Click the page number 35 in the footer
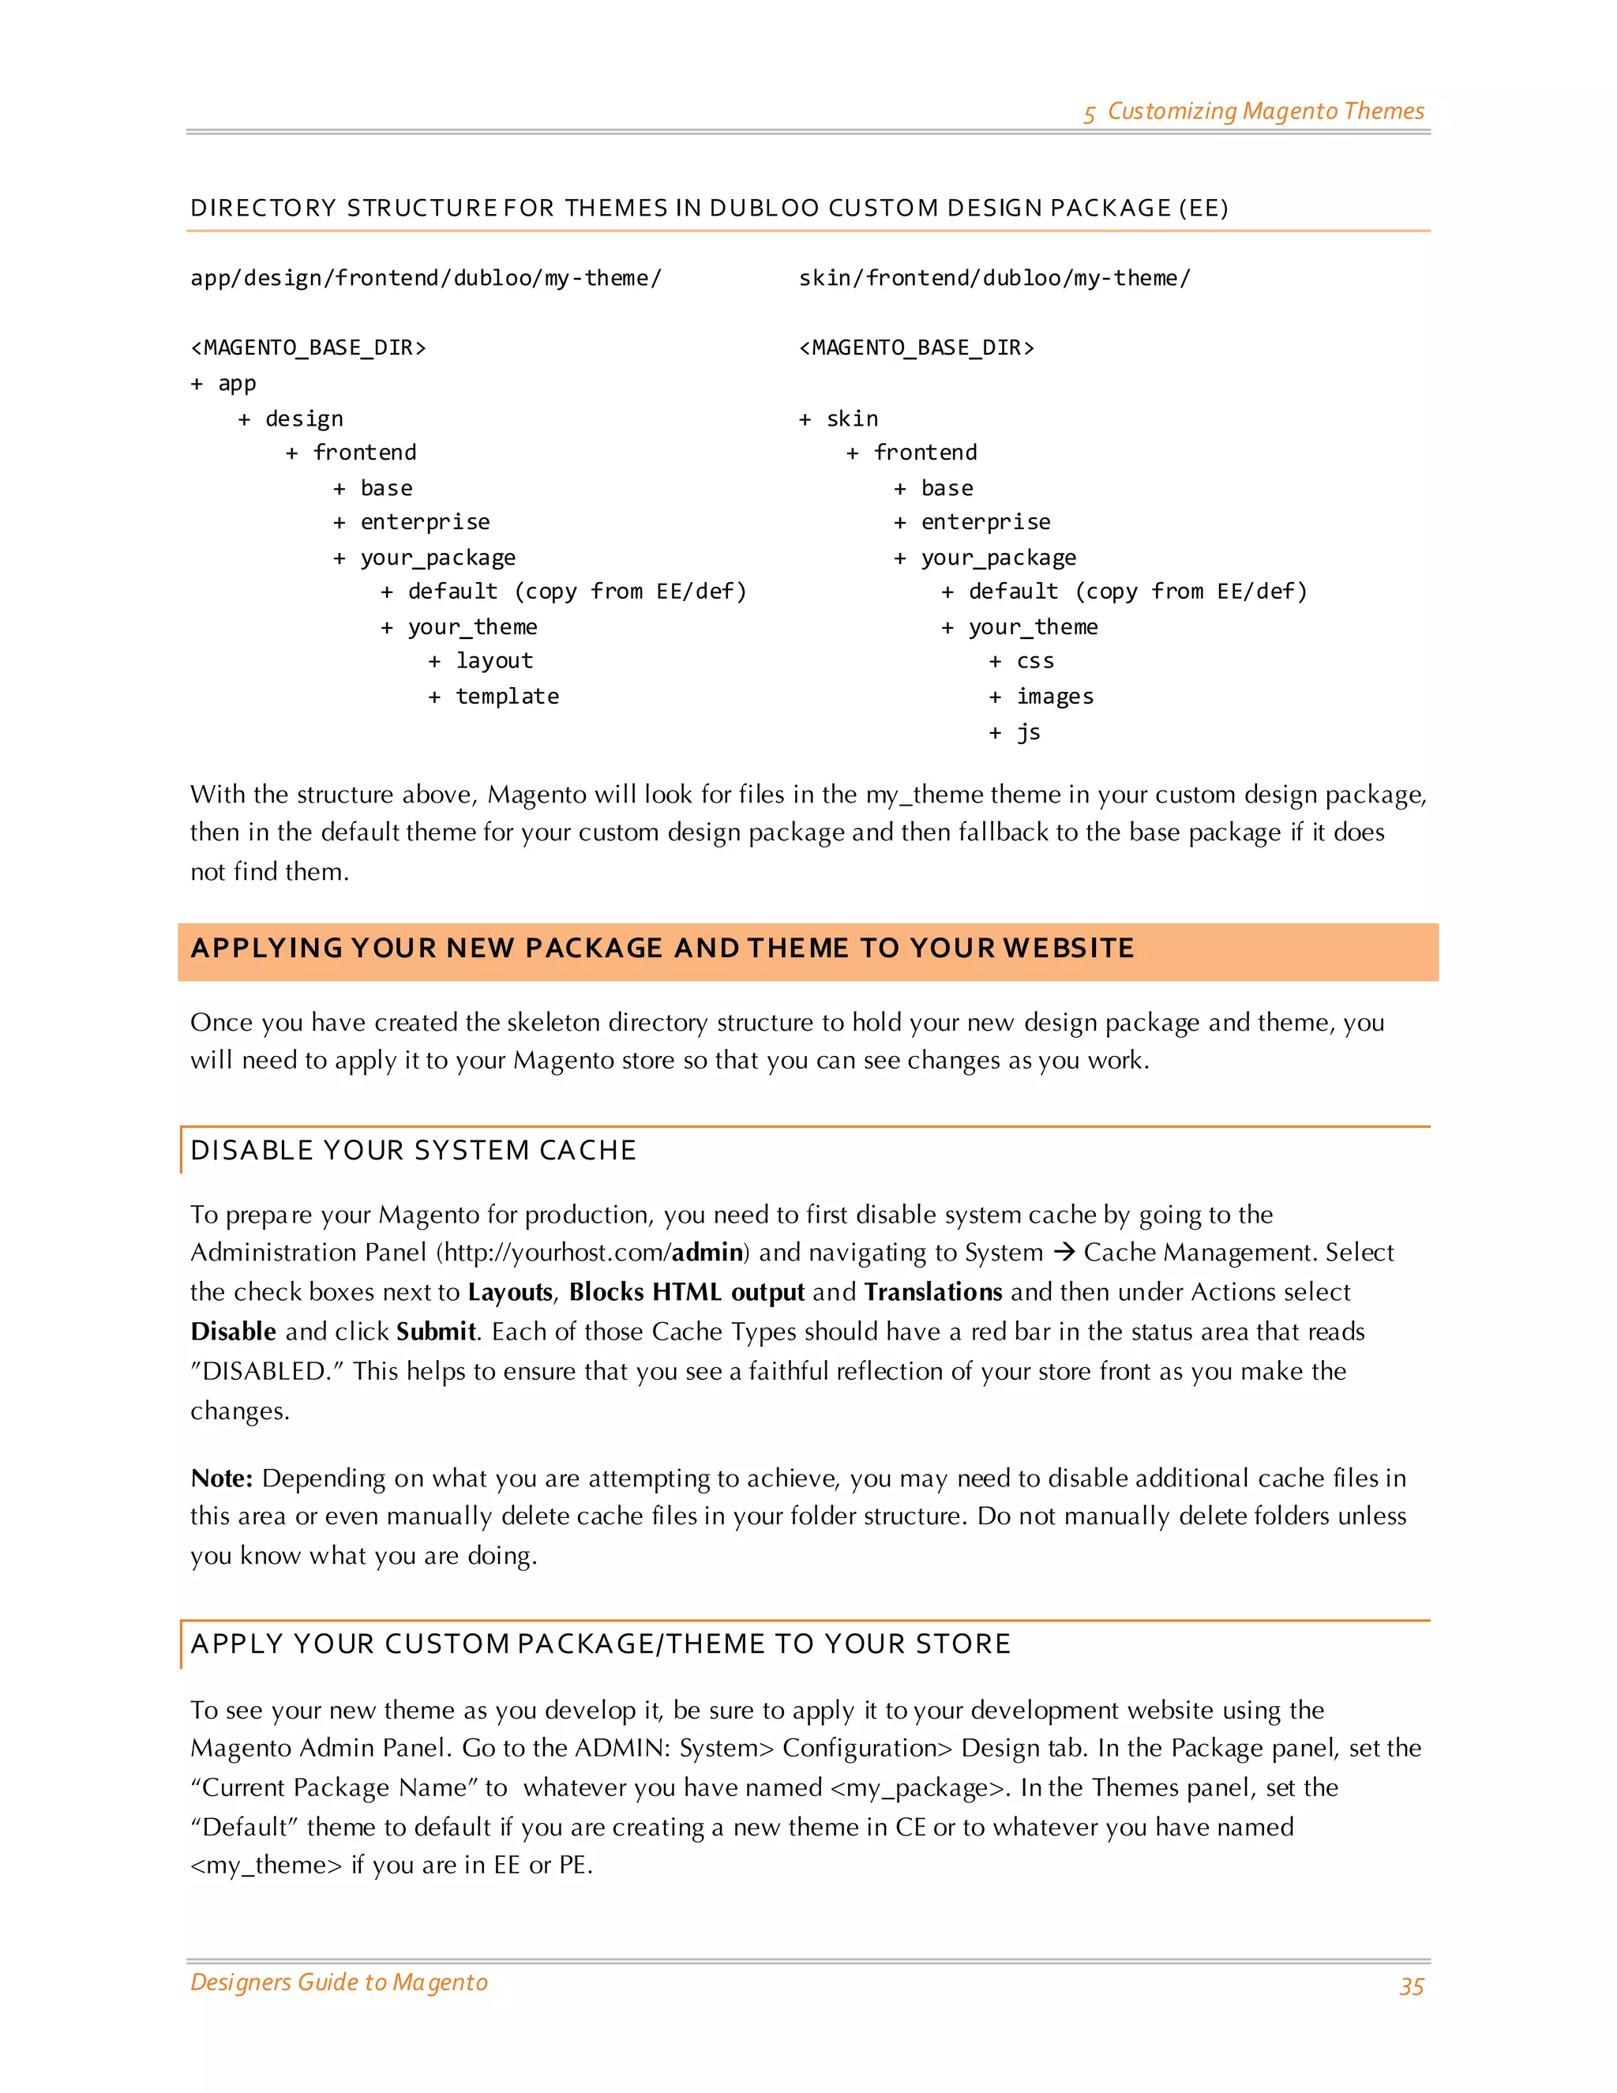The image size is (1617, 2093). pos(1411,1986)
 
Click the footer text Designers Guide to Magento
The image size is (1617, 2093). pos(339,1982)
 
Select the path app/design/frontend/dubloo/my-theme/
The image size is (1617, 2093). pos(426,278)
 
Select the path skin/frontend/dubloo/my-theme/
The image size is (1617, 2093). pos(993,278)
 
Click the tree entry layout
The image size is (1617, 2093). pos(494,660)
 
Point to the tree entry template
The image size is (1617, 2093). pos(507,697)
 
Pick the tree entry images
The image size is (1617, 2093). pos(1055,697)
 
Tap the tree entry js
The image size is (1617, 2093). pos(1028,733)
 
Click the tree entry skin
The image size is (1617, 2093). pos(852,419)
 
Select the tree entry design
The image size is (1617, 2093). pos(304,419)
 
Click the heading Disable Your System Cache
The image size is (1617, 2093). pos(413,1150)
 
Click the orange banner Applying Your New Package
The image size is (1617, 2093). pos(661,949)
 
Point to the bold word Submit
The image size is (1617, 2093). pos(436,1331)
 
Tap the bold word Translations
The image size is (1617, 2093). pos(933,1292)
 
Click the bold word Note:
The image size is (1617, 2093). pos(221,1478)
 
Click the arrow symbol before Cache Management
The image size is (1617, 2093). pos(1064,1253)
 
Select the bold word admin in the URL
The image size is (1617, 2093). pos(707,1253)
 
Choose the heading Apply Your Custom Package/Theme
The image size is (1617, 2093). pos(601,1644)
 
